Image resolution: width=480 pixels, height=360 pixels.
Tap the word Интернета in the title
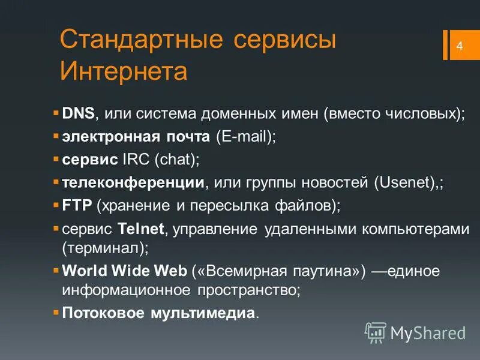coord(124,72)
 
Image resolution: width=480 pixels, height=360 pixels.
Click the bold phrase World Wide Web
coord(125,271)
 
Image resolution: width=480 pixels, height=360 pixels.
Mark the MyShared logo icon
coord(376,332)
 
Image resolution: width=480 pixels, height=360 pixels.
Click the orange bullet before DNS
coord(56,113)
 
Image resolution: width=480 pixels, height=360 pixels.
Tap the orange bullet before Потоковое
coord(56,313)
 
